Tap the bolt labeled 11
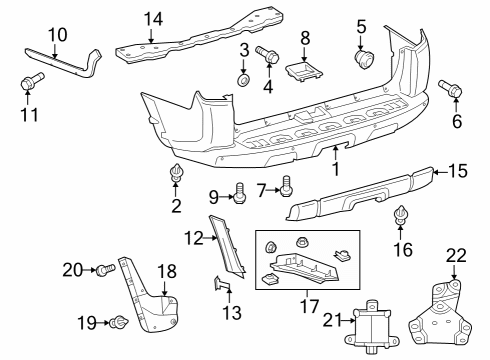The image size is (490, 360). pyautogui.click(x=29, y=81)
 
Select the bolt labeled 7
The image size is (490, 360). pyautogui.click(x=287, y=185)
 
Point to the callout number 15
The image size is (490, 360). pyautogui.click(x=456, y=171)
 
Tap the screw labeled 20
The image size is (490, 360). pyautogui.click(x=104, y=269)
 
